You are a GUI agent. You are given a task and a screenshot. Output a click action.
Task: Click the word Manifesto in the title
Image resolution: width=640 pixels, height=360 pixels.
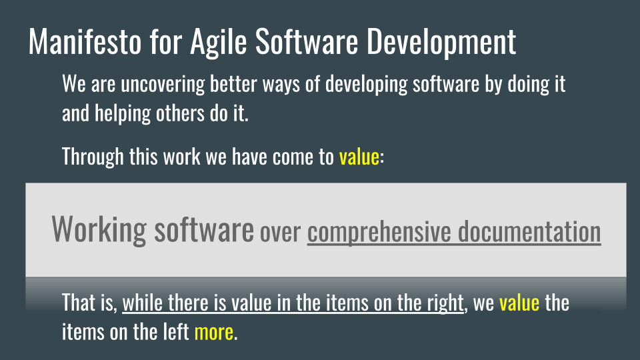tap(85, 41)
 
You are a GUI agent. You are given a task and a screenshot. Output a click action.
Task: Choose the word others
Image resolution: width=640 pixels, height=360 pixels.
tap(180, 113)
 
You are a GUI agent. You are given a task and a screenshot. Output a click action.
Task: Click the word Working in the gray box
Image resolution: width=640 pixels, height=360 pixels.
tap(99, 230)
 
